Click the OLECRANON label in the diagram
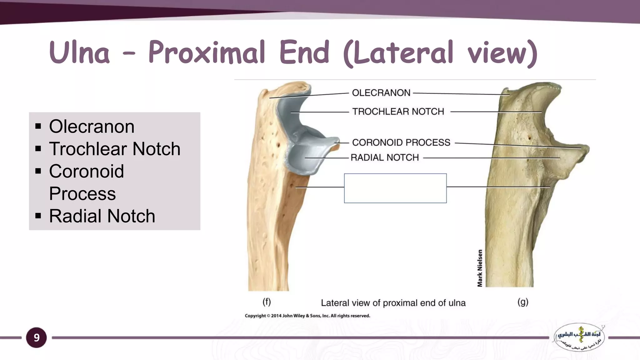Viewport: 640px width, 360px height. tap(381, 93)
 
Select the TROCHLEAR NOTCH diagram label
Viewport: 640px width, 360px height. tap(398, 112)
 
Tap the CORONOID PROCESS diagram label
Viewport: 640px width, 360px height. tap(401, 142)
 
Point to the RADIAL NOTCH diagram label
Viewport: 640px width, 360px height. tap(384, 157)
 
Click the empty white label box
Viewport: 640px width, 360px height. tap(395, 188)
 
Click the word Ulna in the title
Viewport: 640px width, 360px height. tap(79, 52)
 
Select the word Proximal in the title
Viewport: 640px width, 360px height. tap(207, 52)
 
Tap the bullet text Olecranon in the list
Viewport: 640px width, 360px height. tap(92, 126)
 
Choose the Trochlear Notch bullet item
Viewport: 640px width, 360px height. tap(115, 149)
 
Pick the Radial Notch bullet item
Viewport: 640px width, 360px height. tap(102, 216)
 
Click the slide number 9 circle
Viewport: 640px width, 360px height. tap(37, 337)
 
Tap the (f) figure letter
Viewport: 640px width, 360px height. tap(266, 302)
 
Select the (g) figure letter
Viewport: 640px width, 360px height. tap(523, 302)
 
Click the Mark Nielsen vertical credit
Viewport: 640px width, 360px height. tap(480, 268)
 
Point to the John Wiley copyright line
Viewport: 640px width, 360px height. tap(307, 316)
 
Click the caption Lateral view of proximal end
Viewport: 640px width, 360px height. tap(393, 303)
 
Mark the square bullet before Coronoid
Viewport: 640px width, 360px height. tap(38, 171)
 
